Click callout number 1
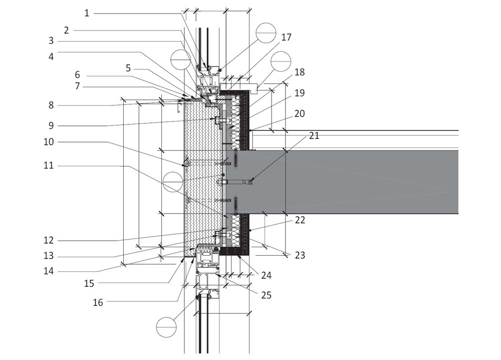(x=87, y=13)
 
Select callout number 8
(x=51, y=105)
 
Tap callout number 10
(x=49, y=142)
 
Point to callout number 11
(x=49, y=165)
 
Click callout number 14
(x=49, y=272)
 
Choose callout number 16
(x=98, y=302)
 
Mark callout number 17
(x=286, y=37)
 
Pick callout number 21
(x=314, y=135)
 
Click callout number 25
(x=266, y=295)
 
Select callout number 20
(x=299, y=114)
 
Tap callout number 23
(x=300, y=255)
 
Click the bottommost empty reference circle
(x=166, y=327)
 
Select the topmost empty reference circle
(x=266, y=33)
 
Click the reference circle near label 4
(x=180, y=59)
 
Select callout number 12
(x=49, y=240)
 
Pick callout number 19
(x=299, y=93)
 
